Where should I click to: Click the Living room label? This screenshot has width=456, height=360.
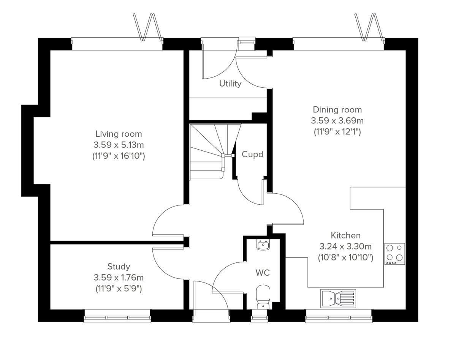pyautogui.click(x=118, y=134)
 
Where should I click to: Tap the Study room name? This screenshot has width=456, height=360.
pyautogui.click(x=118, y=267)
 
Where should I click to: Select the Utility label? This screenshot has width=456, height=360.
pyautogui.click(x=230, y=84)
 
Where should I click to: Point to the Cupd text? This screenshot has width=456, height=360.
pyautogui.click(x=252, y=155)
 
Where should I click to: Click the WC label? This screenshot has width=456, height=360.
pyautogui.click(x=263, y=273)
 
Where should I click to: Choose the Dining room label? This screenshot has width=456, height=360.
pyautogui.click(x=337, y=110)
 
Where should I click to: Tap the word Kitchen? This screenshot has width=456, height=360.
pyautogui.click(x=345, y=235)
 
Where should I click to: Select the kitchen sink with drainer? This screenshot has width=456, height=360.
pyautogui.click(x=338, y=298)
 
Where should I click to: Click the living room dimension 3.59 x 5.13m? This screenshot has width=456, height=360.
pyautogui.click(x=118, y=145)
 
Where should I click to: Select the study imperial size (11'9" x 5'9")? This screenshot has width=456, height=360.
pyautogui.click(x=118, y=289)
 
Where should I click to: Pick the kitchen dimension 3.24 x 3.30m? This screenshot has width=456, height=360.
pyautogui.click(x=345, y=246)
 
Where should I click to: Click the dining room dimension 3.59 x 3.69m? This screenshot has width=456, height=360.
pyautogui.click(x=337, y=121)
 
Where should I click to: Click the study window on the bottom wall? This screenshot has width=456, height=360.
pyautogui.click(x=117, y=316)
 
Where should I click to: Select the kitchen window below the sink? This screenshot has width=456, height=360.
pyautogui.click(x=339, y=316)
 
